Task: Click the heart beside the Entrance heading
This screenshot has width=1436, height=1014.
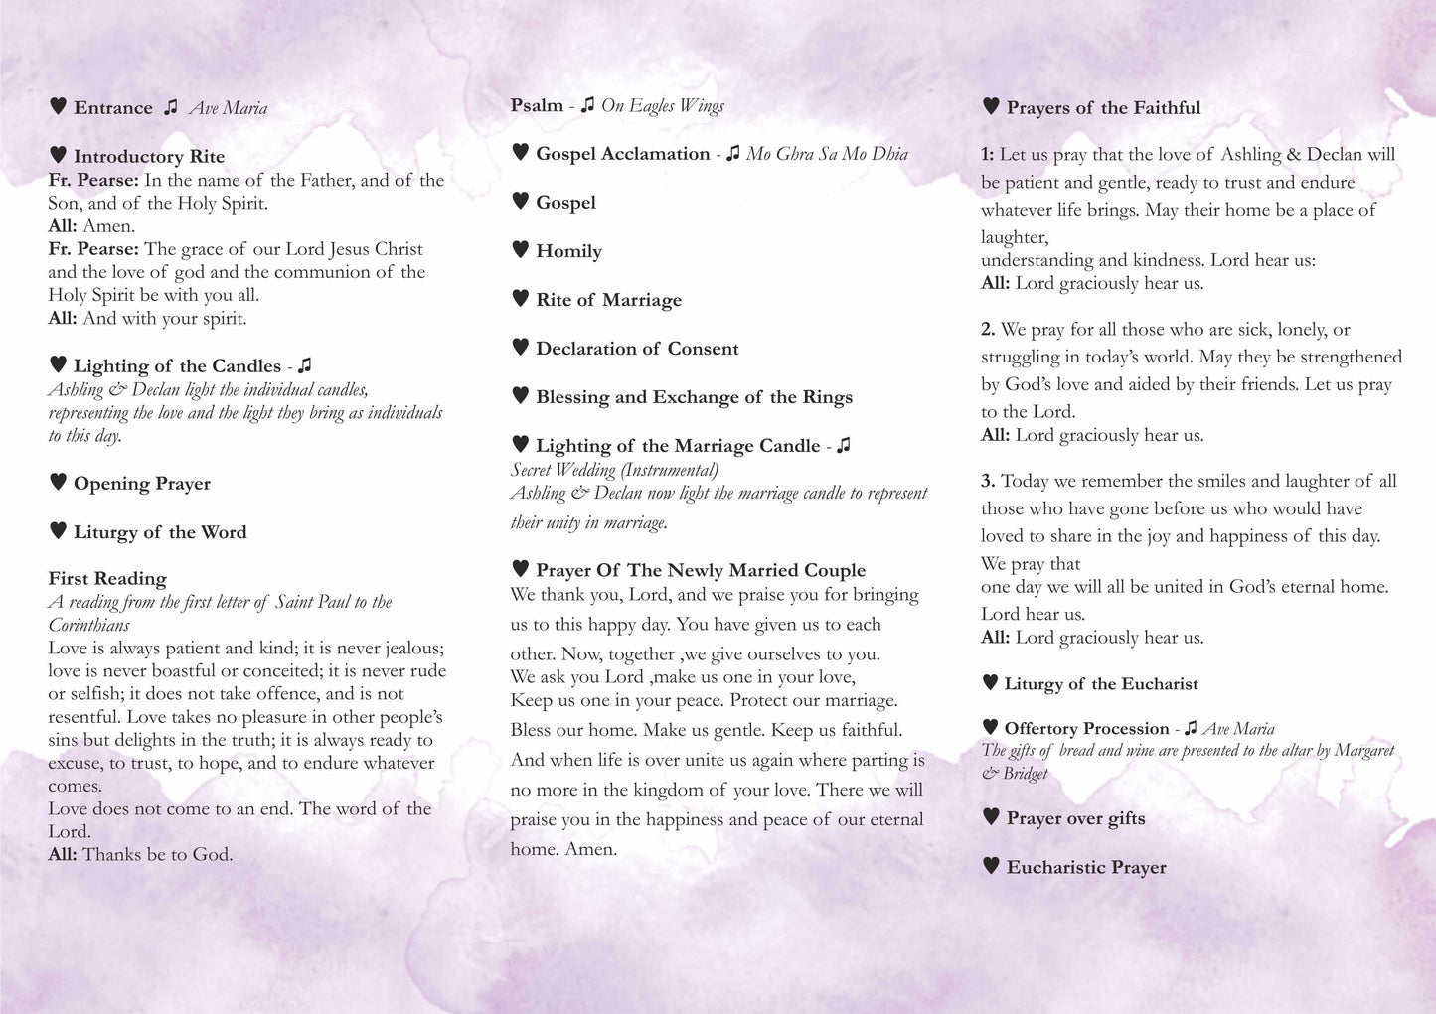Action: [x=58, y=105]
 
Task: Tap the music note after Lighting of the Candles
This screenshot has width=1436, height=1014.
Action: [x=305, y=365]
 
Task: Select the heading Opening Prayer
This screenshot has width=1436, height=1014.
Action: [x=141, y=484]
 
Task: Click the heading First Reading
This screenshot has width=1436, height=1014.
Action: [x=107, y=578]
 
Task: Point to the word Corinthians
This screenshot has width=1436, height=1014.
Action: [x=89, y=625]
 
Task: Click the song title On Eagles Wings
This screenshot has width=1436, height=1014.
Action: [x=663, y=105]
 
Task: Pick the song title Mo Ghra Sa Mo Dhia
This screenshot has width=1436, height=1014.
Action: [x=827, y=154]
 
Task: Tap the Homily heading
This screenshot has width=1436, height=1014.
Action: [x=568, y=251]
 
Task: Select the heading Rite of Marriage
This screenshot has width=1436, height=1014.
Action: [x=608, y=300]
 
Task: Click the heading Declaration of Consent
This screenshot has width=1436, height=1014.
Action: [x=637, y=349]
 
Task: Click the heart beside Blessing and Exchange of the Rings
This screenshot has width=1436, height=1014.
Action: [x=520, y=395]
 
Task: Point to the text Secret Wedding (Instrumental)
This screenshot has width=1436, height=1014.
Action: [x=614, y=470]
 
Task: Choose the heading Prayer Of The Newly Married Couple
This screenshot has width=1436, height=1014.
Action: [x=700, y=570]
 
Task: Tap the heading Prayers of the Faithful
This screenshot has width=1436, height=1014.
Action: [x=1103, y=108]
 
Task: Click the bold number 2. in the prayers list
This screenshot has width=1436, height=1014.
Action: [x=988, y=329]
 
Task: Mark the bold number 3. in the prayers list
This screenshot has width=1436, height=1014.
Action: [x=988, y=481]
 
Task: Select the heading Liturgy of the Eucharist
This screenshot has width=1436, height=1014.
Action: [x=1101, y=683]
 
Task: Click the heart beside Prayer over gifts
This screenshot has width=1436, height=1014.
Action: [x=991, y=816]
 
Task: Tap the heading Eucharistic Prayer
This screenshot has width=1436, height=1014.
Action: [x=1086, y=867]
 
